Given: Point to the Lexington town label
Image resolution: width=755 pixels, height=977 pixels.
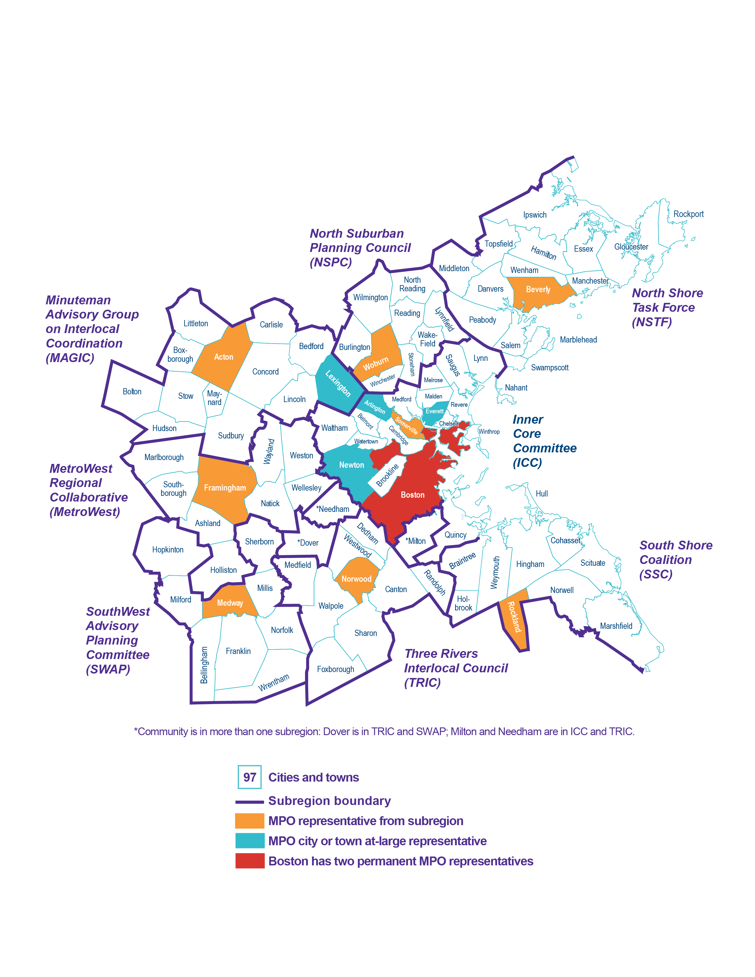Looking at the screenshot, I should coord(338,383).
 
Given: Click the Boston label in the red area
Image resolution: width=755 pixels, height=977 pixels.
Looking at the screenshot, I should coord(412,495).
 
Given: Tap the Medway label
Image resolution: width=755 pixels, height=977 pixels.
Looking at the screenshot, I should coord(230,603).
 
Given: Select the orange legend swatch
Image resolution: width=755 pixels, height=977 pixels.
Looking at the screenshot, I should coord(250,821).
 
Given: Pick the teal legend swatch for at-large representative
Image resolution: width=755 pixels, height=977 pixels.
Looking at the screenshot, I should coord(250,841).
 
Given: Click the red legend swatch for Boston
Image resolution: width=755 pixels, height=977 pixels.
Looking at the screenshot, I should coord(250,861).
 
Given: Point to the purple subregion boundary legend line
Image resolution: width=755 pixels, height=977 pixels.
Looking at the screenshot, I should coord(250,802).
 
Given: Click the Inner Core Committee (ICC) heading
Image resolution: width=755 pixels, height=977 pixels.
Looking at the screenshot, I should coord(544,441).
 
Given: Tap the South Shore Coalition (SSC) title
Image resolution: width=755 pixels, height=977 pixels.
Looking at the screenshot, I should coord(675,560).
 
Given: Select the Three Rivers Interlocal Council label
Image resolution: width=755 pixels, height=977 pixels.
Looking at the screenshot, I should coord(455,668).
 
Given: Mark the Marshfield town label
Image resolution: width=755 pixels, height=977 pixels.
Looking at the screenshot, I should coord(616,626).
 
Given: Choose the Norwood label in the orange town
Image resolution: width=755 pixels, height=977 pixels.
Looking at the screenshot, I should coord(356,579).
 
